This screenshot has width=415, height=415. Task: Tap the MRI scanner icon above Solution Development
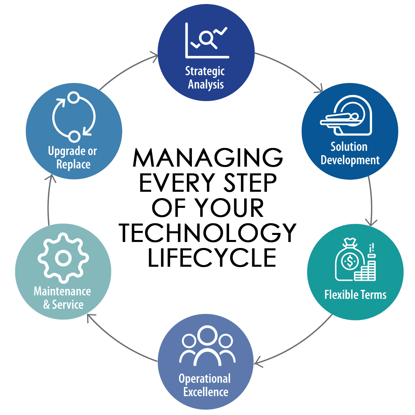(x=346, y=115)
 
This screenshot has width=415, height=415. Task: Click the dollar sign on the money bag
(x=350, y=261)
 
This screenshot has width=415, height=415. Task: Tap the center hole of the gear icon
(x=63, y=258)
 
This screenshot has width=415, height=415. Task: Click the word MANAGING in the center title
(x=208, y=157)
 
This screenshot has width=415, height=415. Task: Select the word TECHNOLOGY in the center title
(x=207, y=233)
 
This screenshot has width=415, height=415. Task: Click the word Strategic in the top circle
(x=205, y=72)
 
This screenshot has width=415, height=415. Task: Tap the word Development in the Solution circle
(x=350, y=160)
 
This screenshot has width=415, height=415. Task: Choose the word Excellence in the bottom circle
(x=206, y=392)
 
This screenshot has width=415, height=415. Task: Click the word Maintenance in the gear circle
(x=62, y=291)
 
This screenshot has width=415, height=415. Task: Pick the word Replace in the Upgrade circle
(x=73, y=164)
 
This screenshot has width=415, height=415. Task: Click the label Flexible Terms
(x=355, y=295)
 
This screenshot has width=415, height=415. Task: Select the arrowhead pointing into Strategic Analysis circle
(x=155, y=57)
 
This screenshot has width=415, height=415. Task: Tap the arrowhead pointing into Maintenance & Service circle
(x=90, y=317)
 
